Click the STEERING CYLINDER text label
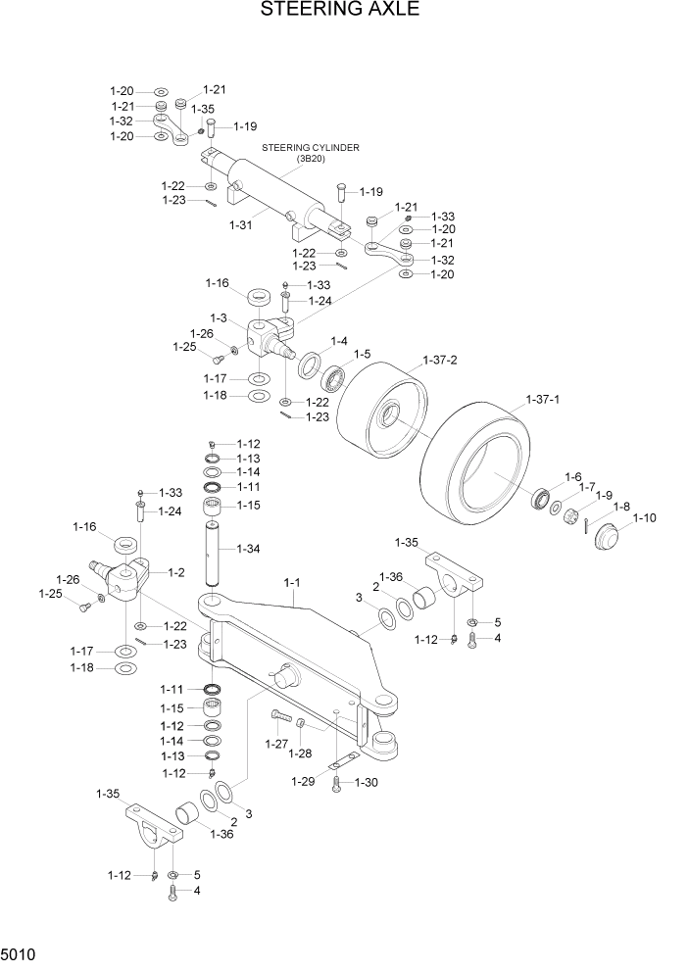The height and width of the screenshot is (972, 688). point(310,148)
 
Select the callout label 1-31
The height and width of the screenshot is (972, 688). point(241,224)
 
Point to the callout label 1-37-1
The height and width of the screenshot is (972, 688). point(543,400)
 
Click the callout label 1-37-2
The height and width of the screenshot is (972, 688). point(440,361)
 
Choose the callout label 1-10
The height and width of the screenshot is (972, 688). point(645,518)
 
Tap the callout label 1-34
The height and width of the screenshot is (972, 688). point(248,549)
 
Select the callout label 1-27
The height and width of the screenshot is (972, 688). point(278,745)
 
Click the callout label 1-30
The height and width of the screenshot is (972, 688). point(366,782)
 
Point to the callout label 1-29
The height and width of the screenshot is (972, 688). point(303,781)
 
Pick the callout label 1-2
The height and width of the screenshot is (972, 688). point(176,572)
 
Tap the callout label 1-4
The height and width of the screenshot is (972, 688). point(338,340)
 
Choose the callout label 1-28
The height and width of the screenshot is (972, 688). point(301,753)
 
